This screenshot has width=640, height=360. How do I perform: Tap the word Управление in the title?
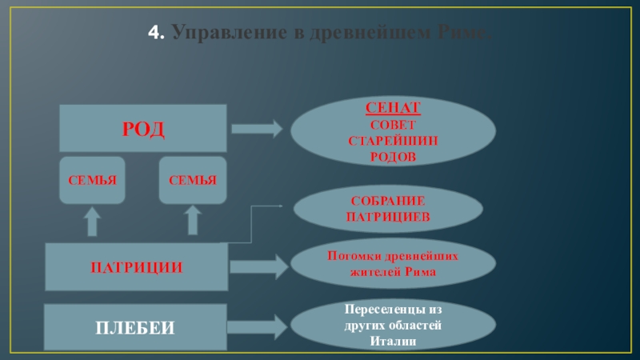(212, 34)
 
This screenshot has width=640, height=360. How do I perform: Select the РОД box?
(142, 128)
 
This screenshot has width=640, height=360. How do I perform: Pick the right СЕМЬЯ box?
(193, 179)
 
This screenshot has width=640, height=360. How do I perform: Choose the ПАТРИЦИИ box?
(136, 267)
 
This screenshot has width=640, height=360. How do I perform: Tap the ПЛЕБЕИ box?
(136, 328)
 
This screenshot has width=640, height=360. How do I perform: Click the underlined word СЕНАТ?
(393, 108)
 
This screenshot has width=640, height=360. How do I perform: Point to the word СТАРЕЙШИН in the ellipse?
(393, 141)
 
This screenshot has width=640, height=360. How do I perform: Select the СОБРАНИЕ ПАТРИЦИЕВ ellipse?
(389, 209)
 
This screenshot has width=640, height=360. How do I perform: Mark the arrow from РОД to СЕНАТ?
(257, 128)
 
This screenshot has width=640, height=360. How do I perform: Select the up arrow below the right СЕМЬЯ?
(193, 220)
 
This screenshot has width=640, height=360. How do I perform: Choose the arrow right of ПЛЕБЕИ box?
(257, 326)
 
